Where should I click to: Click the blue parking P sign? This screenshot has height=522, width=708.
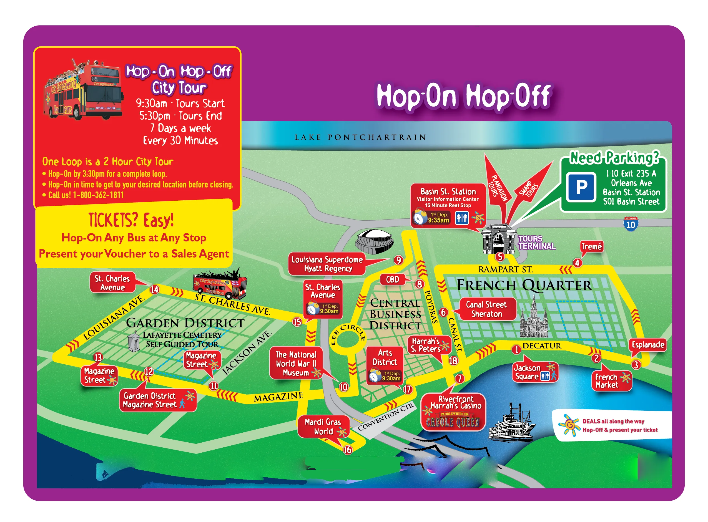click(581, 187)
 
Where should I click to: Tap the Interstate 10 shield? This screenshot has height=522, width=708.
click(630, 224)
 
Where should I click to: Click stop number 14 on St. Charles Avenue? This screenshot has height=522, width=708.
click(155, 289)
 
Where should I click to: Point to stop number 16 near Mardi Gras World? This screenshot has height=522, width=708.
click(347, 450)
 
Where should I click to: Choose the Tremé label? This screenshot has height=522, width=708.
click(591, 246)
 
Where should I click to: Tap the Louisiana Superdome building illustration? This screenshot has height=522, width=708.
click(375, 242)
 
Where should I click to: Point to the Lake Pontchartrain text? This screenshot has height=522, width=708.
click(360, 137)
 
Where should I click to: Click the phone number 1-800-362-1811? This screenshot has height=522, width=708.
click(98, 195)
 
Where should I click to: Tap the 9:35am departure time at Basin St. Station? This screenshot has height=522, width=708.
click(438, 220)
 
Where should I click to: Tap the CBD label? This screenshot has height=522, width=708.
click(392, 280)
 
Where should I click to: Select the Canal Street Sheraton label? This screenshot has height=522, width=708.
click(486, 309)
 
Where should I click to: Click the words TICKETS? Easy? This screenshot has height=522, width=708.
click(131, 220)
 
